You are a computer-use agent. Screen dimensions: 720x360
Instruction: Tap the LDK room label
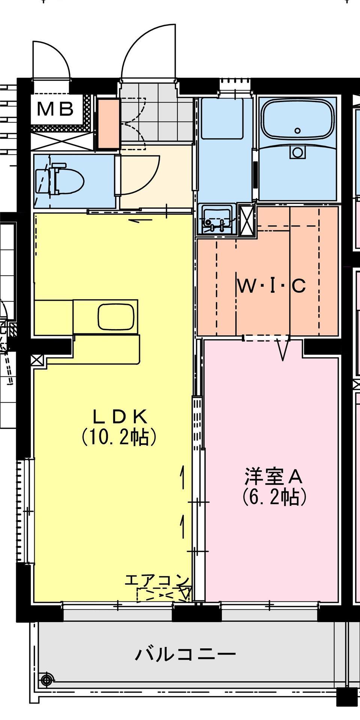click(119, 416)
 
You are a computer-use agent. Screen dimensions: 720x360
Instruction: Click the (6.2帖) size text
click(274, 497)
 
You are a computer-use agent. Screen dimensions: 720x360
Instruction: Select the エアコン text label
click(157, 580)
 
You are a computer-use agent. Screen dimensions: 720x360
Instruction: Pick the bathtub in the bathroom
click(297, 119)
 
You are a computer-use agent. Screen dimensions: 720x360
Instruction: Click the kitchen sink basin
click(116, 316)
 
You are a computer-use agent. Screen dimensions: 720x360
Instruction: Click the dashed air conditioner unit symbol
click(163, 595)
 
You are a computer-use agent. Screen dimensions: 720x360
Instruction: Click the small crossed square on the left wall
click(37, 360)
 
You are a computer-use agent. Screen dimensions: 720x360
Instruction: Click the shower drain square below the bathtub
click(298, 153)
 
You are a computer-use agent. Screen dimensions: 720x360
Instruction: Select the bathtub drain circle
click(298, 130)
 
